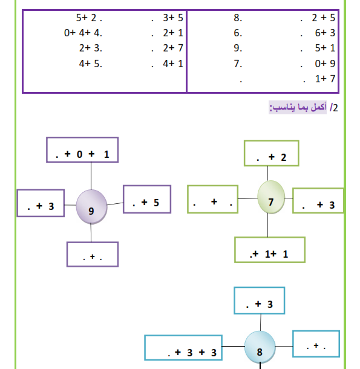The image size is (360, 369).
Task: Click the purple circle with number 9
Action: click(91, 207)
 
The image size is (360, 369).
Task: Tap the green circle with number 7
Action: click(271, 197)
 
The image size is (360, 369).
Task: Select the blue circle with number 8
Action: click(260, 347)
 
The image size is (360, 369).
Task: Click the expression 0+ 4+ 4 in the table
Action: click(83, 33)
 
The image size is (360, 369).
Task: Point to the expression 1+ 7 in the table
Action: click(325, 79)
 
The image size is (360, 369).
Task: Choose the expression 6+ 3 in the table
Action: click(325, 33)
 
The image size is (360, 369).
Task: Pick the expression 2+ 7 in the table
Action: click(173, 48)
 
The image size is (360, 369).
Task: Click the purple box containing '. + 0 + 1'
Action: click(82, 149)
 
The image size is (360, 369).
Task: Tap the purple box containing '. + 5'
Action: click(147, 200)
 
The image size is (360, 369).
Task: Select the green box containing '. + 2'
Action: click(272, 153)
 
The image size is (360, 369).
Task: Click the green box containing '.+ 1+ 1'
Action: click(270, 250)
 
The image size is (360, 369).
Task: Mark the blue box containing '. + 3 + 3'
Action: click(183, 348)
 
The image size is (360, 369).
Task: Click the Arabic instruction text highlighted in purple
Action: click(298, 108)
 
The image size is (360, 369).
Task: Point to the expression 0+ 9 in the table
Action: click(325, 64)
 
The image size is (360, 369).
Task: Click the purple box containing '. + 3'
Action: click(41, 203)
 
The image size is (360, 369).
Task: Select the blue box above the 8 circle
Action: click(260, 301)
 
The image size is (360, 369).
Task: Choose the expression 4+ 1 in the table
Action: click(173, 64)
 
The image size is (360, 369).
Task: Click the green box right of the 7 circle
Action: click(318, 200)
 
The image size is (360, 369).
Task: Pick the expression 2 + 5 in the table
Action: click(323, 18)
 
